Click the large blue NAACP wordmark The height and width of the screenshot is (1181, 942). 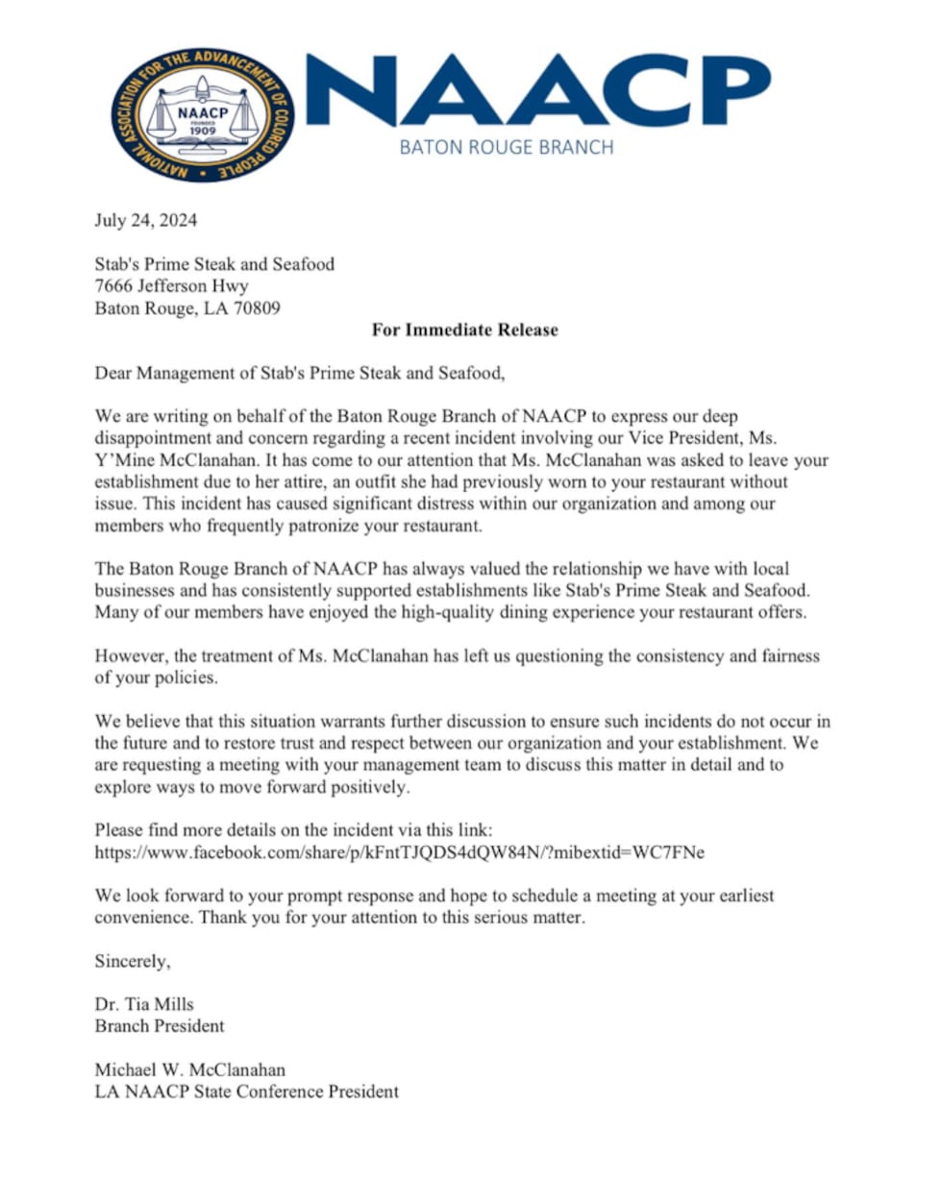coord(543,91)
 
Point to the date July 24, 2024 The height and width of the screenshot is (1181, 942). coord(145,221)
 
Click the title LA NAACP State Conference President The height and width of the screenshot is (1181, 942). coord(245,1092)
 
